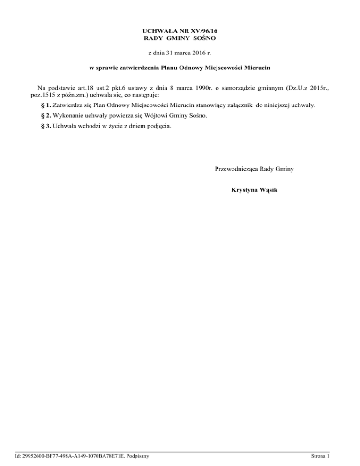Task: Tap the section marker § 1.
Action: pos(46,105)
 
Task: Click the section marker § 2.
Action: pos(46,115)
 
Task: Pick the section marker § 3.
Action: pos(46,125)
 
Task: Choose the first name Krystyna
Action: pos(245,190)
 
